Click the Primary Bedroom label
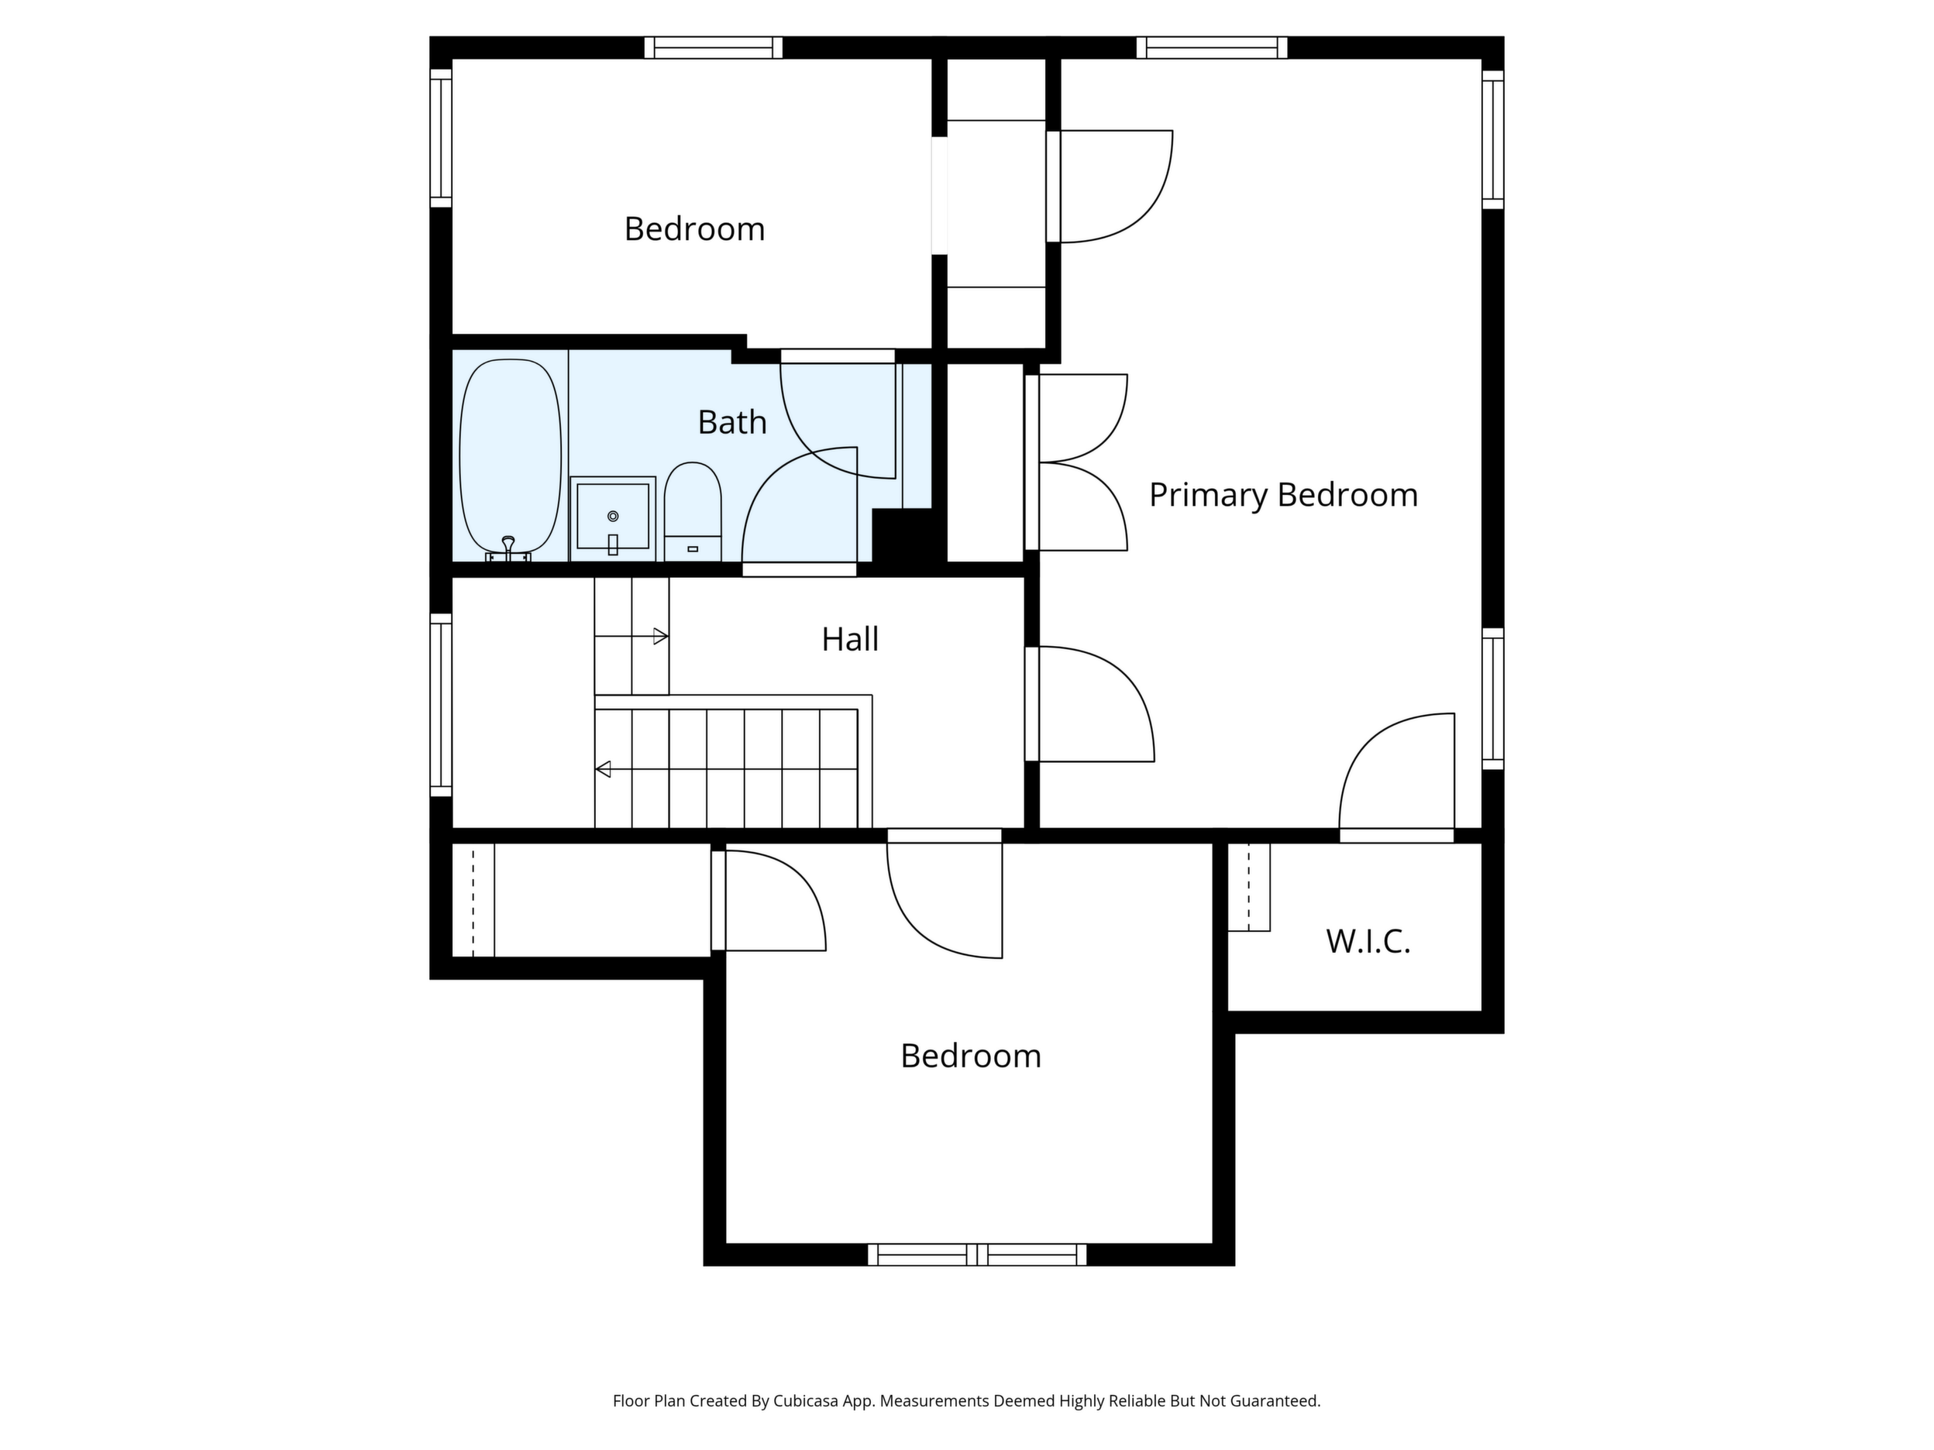(x=1282, y=496)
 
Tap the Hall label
(x=850, y=639)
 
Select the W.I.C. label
(x=1368, y=941)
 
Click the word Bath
(x=731, y=422)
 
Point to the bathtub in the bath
(x=511, y=456)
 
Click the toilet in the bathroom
(x=693, y=510)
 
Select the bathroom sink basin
(x=613, y=518)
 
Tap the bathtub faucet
(x=508, y=549)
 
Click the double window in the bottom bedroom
(x=976, y=1254)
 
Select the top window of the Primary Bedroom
(x=1212, y=47)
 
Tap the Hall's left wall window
(x=441, y=704)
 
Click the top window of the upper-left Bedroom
(x=714, y=47)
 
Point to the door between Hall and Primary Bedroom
(x=1089, y=703)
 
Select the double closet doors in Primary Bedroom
(x=1076, y=462)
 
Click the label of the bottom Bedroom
(x=971, y=1056)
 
